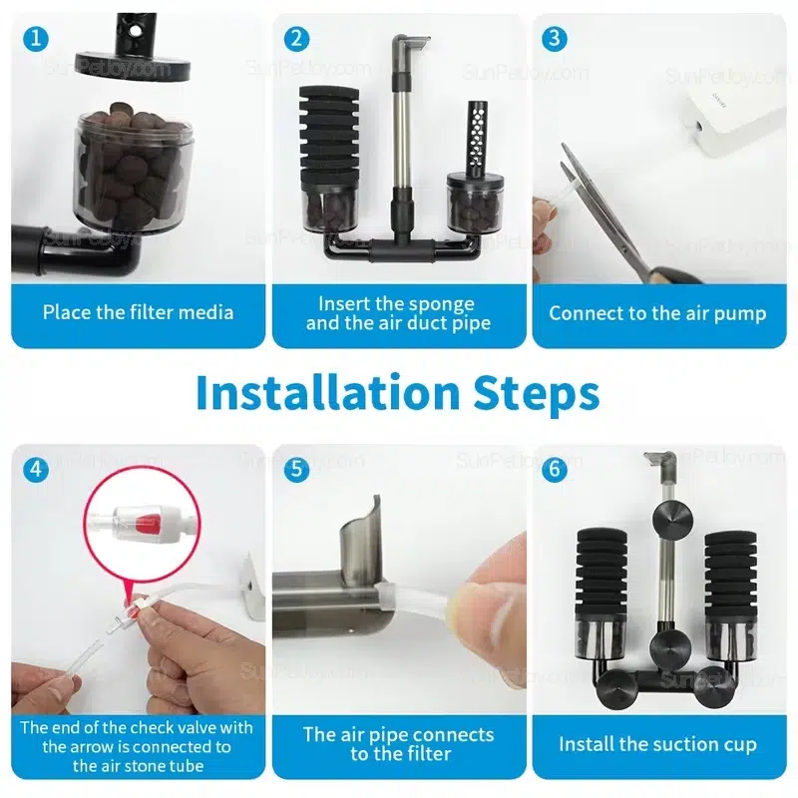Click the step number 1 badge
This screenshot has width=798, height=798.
click(x=36, y=39)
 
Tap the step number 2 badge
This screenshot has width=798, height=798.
click(x=296, y=39)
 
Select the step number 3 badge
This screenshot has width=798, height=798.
click(x=555, y=39)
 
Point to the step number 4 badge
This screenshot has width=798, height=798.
click(x=36, y=469)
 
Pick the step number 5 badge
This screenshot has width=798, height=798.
click(x=296, y=469)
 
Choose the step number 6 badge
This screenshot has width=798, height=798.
click(x=555, y=469)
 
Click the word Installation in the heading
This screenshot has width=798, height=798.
click(x=328, y=393)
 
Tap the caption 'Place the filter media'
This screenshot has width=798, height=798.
click(x=138, y=312)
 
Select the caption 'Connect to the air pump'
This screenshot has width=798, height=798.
click(x=657, y=313)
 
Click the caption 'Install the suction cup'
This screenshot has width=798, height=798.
click(x=657, y=744)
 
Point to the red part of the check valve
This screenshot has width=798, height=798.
click(x=148, y=521)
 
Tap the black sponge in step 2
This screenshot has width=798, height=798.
click(x=329, y=139)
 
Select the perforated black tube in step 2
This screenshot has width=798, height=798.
click(x=476, y=139)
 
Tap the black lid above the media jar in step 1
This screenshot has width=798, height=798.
click(x=133, y=64)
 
